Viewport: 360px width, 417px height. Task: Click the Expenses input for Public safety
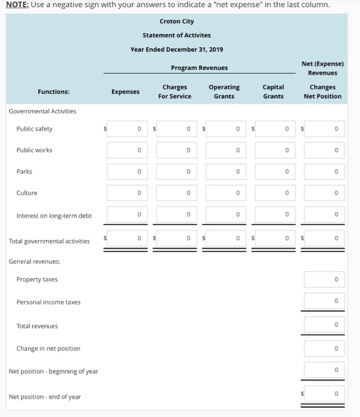tap(126, 129)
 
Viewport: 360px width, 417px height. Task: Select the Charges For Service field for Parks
tap(175, 172)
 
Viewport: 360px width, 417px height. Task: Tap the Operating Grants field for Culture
tap(224, 193)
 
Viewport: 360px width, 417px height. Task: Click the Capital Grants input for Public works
tap(274, 150)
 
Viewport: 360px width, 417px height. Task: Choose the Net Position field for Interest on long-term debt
tap(324, 214)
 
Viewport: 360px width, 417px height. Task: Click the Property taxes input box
tap(324, 279)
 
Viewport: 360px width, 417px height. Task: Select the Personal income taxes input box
tap(324, 301)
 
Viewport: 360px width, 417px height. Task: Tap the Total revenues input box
tap(324, 325)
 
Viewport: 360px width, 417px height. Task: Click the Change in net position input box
tap(324, 348)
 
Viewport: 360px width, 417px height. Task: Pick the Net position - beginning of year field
tap(324, 371)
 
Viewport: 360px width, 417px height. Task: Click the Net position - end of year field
tap(324, 394)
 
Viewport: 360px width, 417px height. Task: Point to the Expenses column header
tap(125, 92)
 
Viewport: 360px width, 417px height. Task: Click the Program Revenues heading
tap(199, 68)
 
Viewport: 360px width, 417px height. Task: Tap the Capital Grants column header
tap(273, 91)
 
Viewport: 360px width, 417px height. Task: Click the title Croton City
tap(176, 21)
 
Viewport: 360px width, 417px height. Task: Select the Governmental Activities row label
tap(42, 111)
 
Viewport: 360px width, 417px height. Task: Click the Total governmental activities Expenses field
tap(126, 239)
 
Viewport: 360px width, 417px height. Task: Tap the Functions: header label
tap(53, 92)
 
